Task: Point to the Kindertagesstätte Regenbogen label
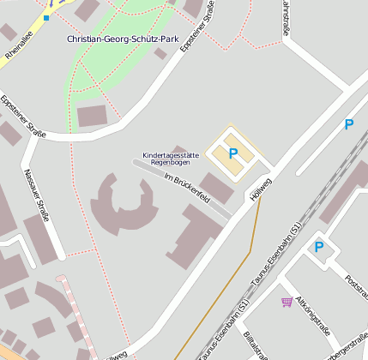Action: click(171, 158)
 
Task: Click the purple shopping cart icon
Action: click(286, 301)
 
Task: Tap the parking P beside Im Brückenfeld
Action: click(232, 153)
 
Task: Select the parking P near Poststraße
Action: click(319, 247)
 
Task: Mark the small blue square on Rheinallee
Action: click(46, 16)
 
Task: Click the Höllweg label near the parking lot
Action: click(260, 188)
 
